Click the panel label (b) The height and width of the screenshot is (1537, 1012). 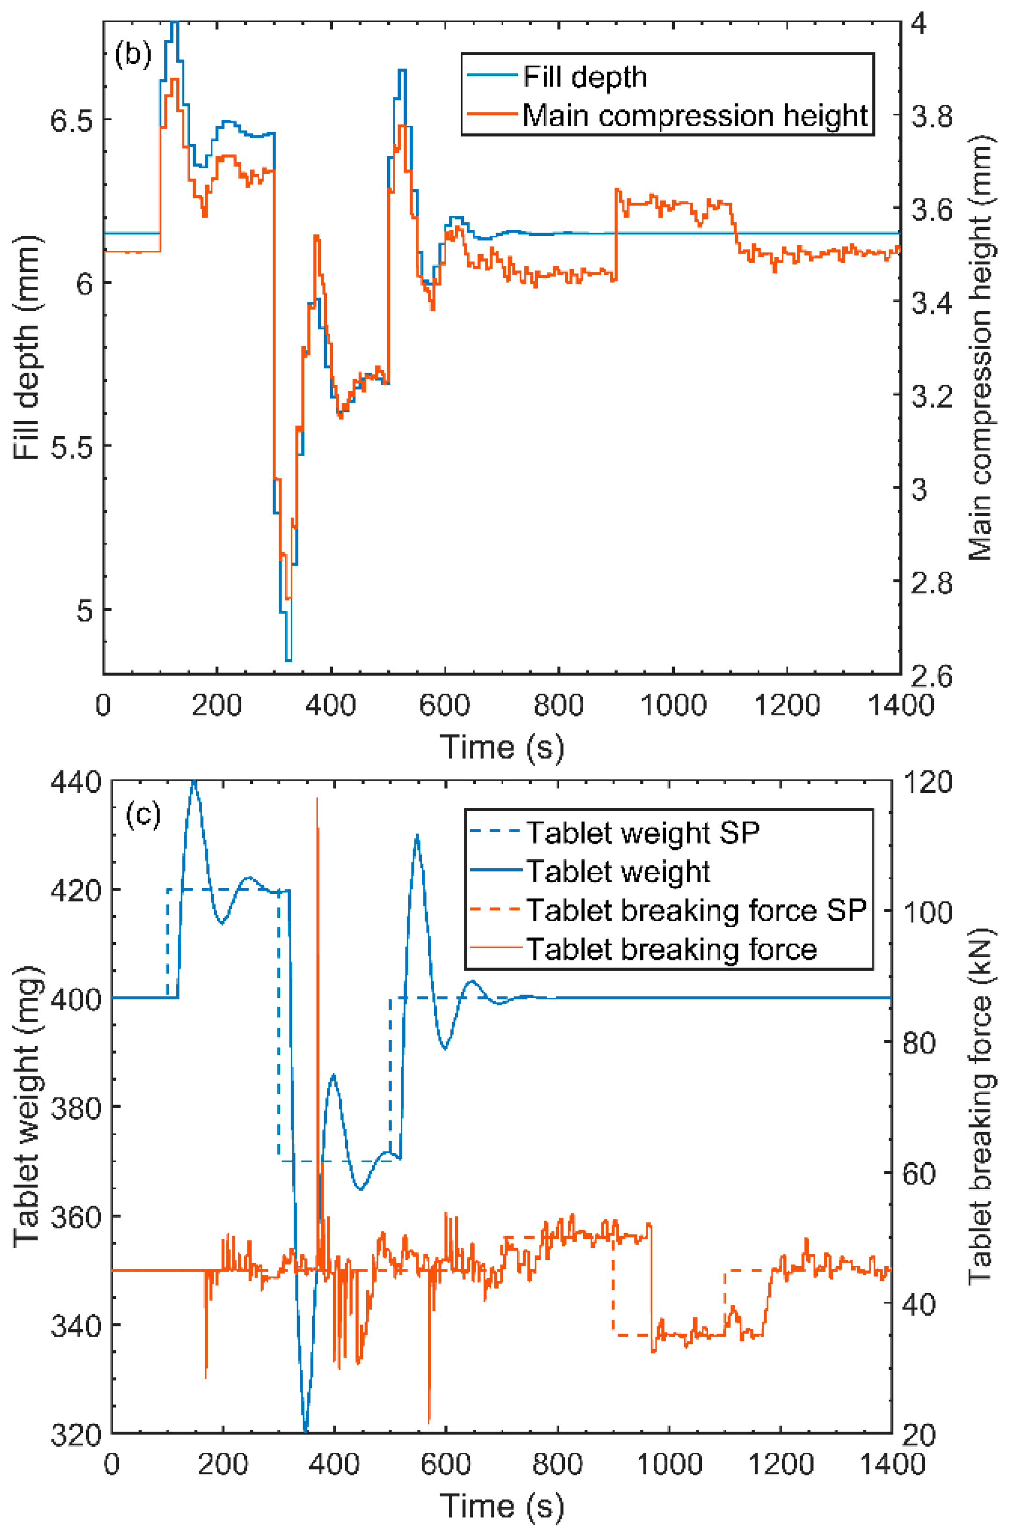(x=133, y=54)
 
